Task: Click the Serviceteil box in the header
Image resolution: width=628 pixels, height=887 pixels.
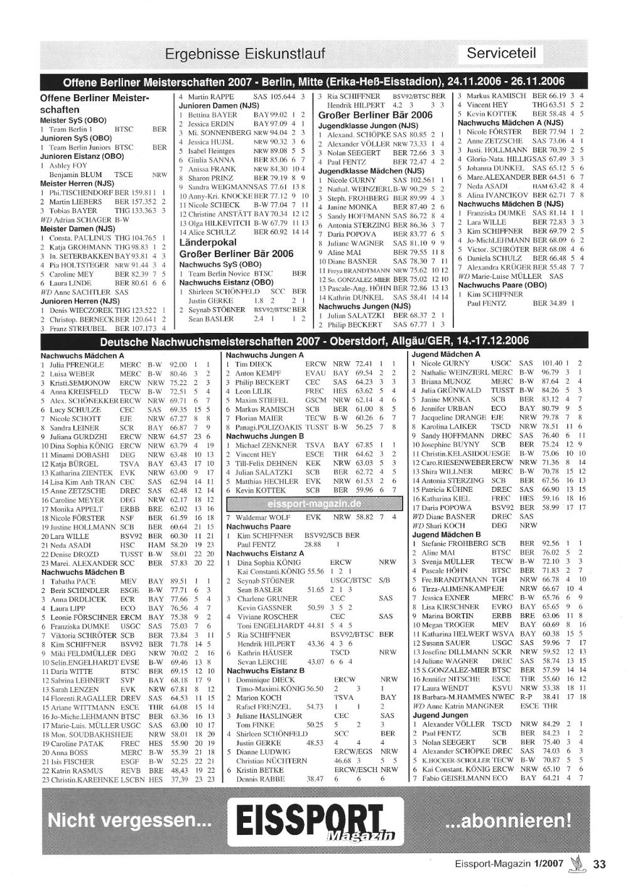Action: coord(501,53)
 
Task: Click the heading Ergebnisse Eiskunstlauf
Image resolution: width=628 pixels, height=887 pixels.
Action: coord(245,54)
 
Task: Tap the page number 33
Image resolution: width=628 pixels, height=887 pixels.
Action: coord(599,864)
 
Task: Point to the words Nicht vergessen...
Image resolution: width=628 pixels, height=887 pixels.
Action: coord(129,820)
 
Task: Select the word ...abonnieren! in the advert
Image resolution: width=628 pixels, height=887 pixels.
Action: coord(508,820)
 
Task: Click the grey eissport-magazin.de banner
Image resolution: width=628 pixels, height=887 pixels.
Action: coord(314,503)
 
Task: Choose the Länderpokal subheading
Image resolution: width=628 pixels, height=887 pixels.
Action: coord(208,242)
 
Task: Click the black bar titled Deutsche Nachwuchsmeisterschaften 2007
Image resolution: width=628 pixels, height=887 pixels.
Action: coord(314,341)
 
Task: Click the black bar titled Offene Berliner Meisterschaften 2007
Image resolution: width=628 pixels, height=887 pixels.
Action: coord(314,82)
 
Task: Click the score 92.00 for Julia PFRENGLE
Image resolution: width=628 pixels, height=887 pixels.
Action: coord(178,364)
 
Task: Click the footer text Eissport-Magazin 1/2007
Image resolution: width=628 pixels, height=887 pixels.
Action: coord(509,864)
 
